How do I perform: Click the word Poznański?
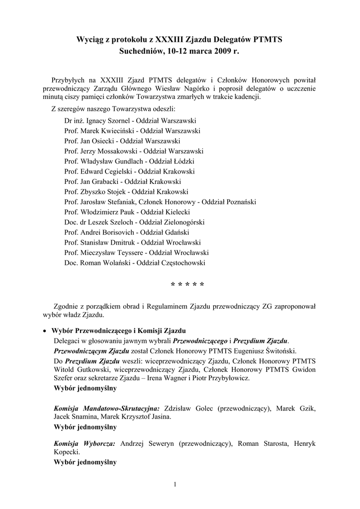[238, 202]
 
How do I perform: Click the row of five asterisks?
[187, 285]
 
